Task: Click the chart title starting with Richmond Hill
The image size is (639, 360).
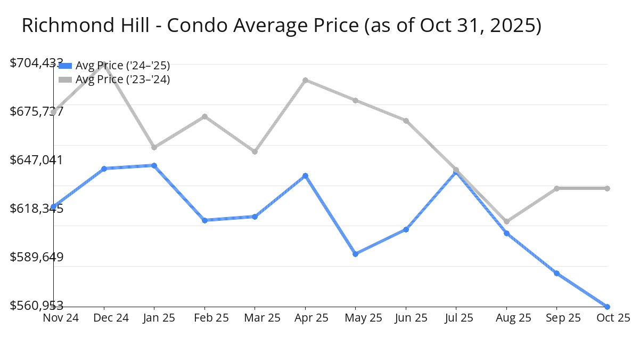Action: click(281, 26)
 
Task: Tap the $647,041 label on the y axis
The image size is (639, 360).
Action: click(37, 160)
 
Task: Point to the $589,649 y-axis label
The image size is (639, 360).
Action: click(37, 257)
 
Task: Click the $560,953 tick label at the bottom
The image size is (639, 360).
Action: click(37, 306)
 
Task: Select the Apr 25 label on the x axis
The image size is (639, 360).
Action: click(305, 318)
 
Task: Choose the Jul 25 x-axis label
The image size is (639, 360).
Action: click(456, 318)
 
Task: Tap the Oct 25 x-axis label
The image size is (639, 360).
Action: click(613, 318)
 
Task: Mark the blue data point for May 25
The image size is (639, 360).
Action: click(355, 254)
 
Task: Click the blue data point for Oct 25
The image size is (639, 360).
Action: click(607, 307)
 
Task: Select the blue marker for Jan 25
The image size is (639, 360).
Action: click(154, 165)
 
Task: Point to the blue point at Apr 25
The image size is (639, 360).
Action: click(305, 175)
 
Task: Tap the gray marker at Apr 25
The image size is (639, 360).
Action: click(305, 80)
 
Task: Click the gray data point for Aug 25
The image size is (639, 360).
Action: click(506, 221)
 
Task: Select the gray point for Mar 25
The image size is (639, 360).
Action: click(255, 151)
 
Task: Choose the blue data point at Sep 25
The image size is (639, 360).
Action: click(556, 273)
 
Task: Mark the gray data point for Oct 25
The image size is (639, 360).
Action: click(607, 188)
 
